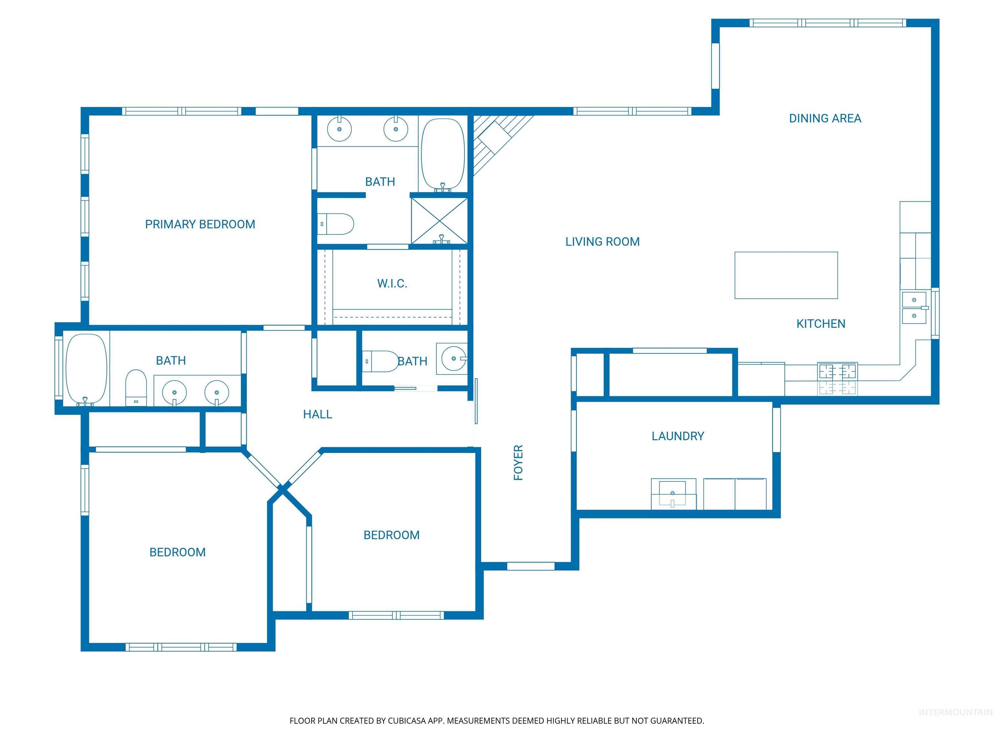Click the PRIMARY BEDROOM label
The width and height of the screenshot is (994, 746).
point(200,224)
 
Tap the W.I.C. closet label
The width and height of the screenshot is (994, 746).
point(392,283)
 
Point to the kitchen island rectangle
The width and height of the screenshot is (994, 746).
point(786,275)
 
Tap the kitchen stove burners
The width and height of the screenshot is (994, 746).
point(837,379)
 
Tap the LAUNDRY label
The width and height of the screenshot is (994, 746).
point(678,436)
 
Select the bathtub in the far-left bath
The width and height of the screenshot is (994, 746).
point(87,369)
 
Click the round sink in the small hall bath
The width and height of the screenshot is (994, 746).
point(453,358)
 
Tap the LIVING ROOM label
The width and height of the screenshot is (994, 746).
point(602,242)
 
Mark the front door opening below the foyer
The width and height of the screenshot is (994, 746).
point(530,566)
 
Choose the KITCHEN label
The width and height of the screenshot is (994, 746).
point(821,323)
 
